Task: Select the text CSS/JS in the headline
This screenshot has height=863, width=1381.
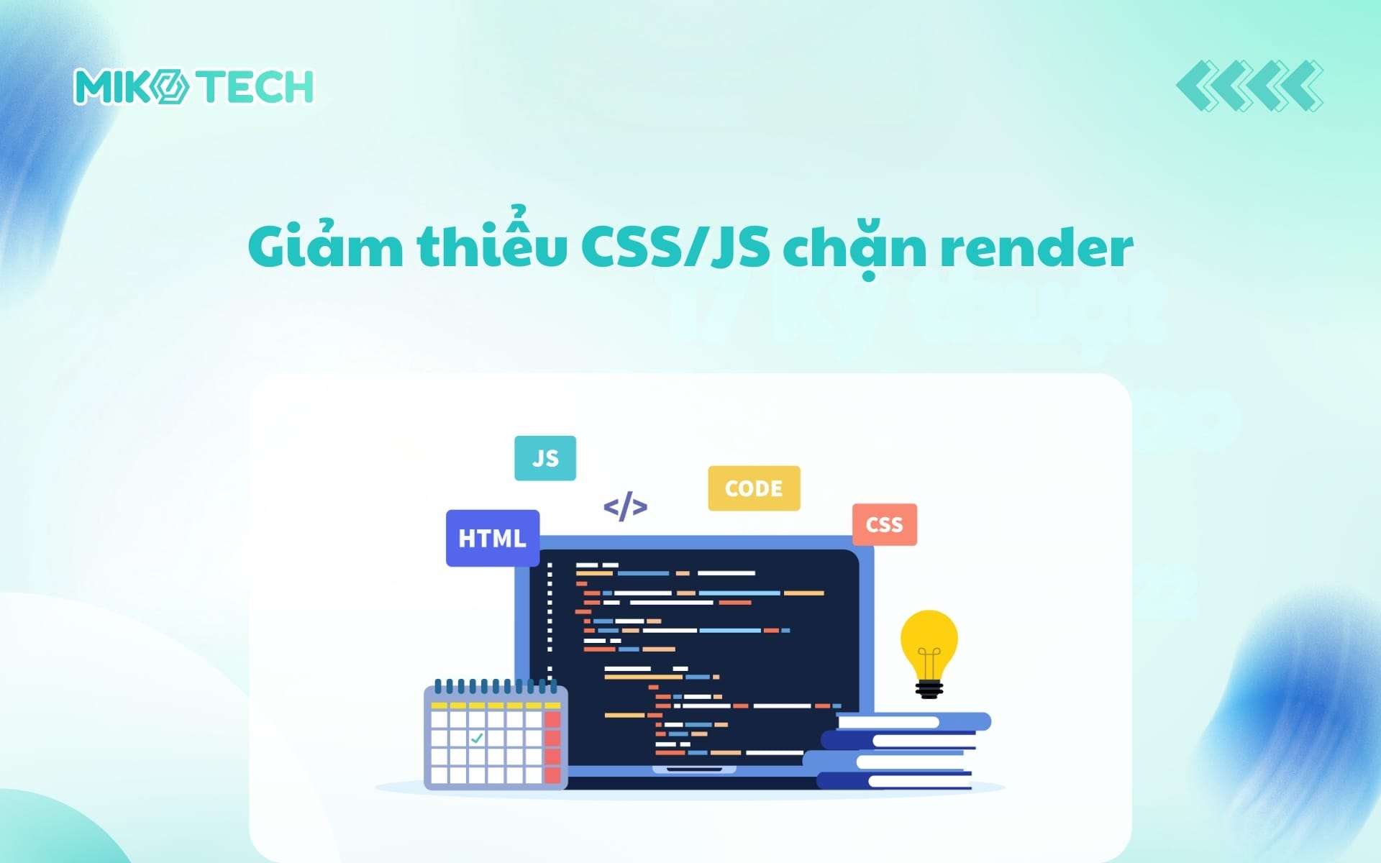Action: (675, 246)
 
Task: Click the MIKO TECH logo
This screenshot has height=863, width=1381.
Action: (193, 87)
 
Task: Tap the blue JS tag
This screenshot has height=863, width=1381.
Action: (545, 458)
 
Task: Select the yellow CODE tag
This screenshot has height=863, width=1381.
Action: (754, 488)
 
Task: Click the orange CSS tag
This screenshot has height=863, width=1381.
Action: (884, 524)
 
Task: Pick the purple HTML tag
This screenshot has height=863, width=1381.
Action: (493, 538)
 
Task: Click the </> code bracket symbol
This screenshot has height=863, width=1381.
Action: (625, 506)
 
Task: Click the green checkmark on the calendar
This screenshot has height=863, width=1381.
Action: (477, 738)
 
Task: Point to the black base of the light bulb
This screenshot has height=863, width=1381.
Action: (929, 690)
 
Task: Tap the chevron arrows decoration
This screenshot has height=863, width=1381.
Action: (1249, 86)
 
